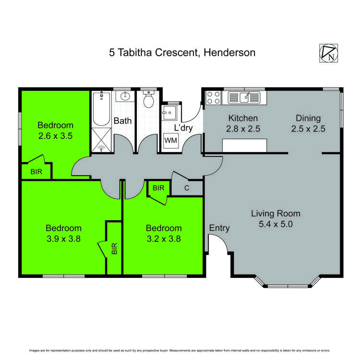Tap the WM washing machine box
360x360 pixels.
170,141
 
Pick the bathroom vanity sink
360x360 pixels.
124,96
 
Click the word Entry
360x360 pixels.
219,228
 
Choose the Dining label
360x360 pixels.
308,118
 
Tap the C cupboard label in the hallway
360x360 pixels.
187,188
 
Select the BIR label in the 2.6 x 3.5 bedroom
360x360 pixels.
36,171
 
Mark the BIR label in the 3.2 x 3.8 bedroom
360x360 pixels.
158,188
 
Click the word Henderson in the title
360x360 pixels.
229,52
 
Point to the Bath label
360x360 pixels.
122,121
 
